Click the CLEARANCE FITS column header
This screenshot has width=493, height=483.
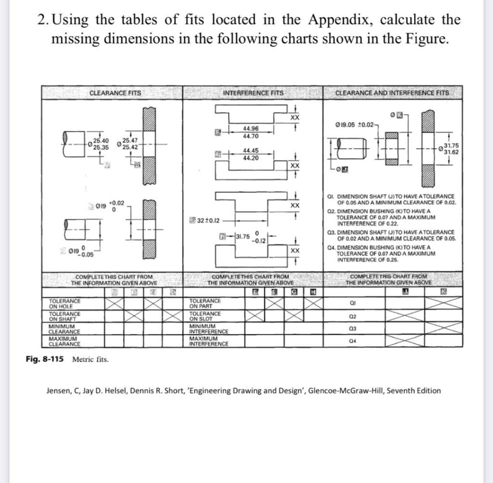point(115,93)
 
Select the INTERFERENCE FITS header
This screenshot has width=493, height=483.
point(253,93)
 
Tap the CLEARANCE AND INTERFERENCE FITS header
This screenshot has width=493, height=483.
point(391,93)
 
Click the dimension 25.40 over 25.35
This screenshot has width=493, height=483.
point(101,144)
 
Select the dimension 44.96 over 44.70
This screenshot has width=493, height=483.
point(251,133)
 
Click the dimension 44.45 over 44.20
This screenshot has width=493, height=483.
point(251,154)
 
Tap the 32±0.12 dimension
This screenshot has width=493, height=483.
point(208,221)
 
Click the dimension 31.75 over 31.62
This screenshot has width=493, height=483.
point(451,148)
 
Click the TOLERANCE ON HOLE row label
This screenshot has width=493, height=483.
point(65,303)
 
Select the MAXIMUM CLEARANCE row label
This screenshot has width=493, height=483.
point(65,341)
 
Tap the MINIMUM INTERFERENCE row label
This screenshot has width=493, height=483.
point(209,329)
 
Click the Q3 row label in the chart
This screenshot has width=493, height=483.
point(353,329)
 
